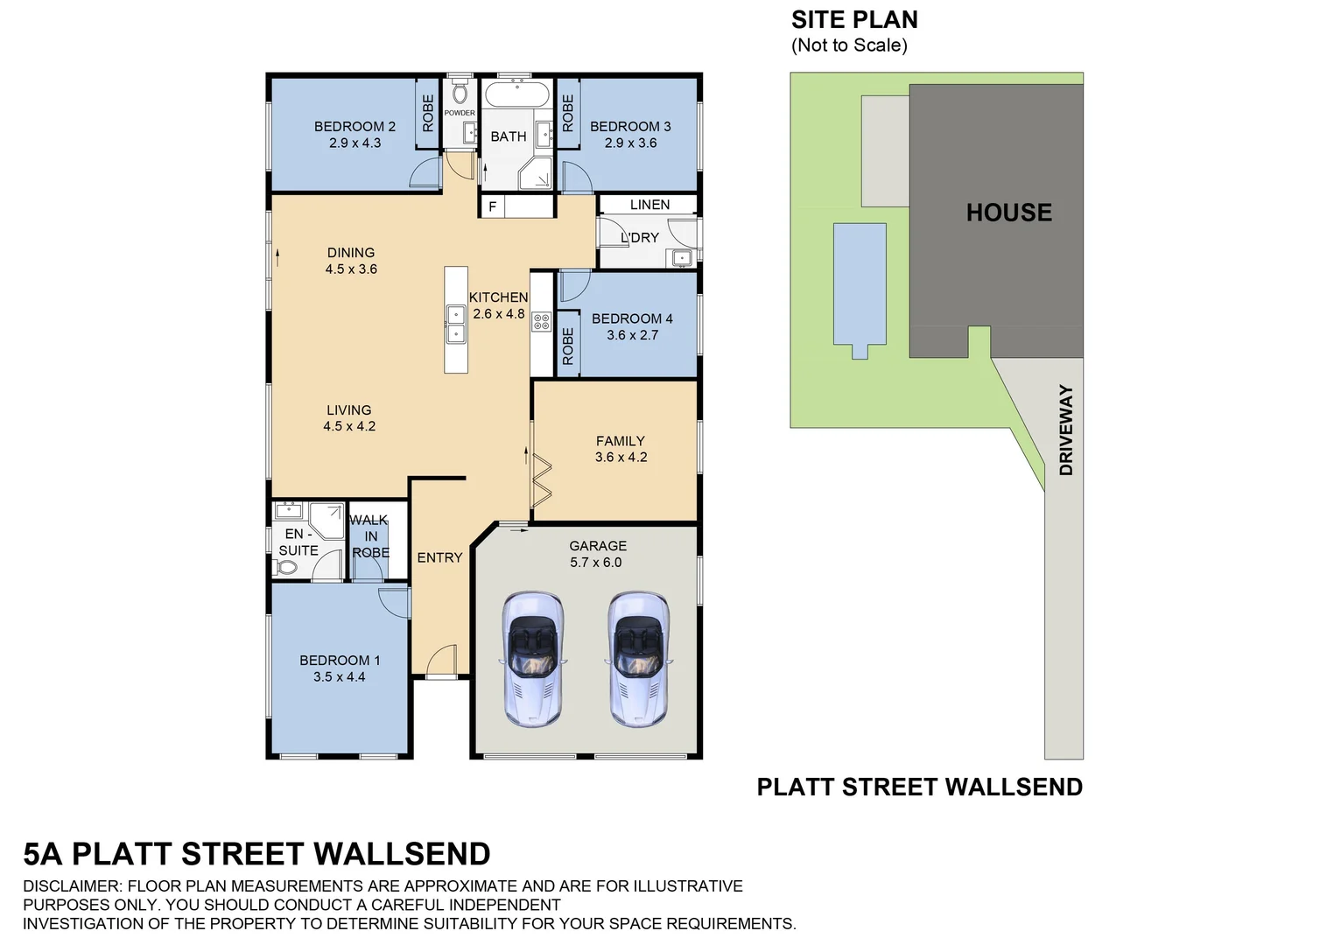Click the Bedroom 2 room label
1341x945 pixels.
tap(355, 127)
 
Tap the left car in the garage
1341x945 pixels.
tap(532, 658)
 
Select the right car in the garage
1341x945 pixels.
tap(638, 658)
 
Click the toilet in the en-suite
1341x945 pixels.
tap(286, 567)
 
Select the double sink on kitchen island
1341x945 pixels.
tap(455, 324)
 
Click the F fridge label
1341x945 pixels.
tap(493, 207)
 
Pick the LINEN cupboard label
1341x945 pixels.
tap(649, 205)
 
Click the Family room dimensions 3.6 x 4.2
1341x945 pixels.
tap(621, 458)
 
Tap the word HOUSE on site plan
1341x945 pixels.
tap(1008, 213)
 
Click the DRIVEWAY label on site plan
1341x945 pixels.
tap(1065, 430)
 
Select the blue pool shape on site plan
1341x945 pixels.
tap(860, 284)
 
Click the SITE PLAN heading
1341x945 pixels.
tap(853, 19)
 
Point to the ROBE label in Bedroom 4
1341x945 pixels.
tap(567, 346)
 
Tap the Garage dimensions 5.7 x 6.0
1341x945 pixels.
tap(595, 563)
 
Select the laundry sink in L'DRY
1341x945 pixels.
tap(682, 257)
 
